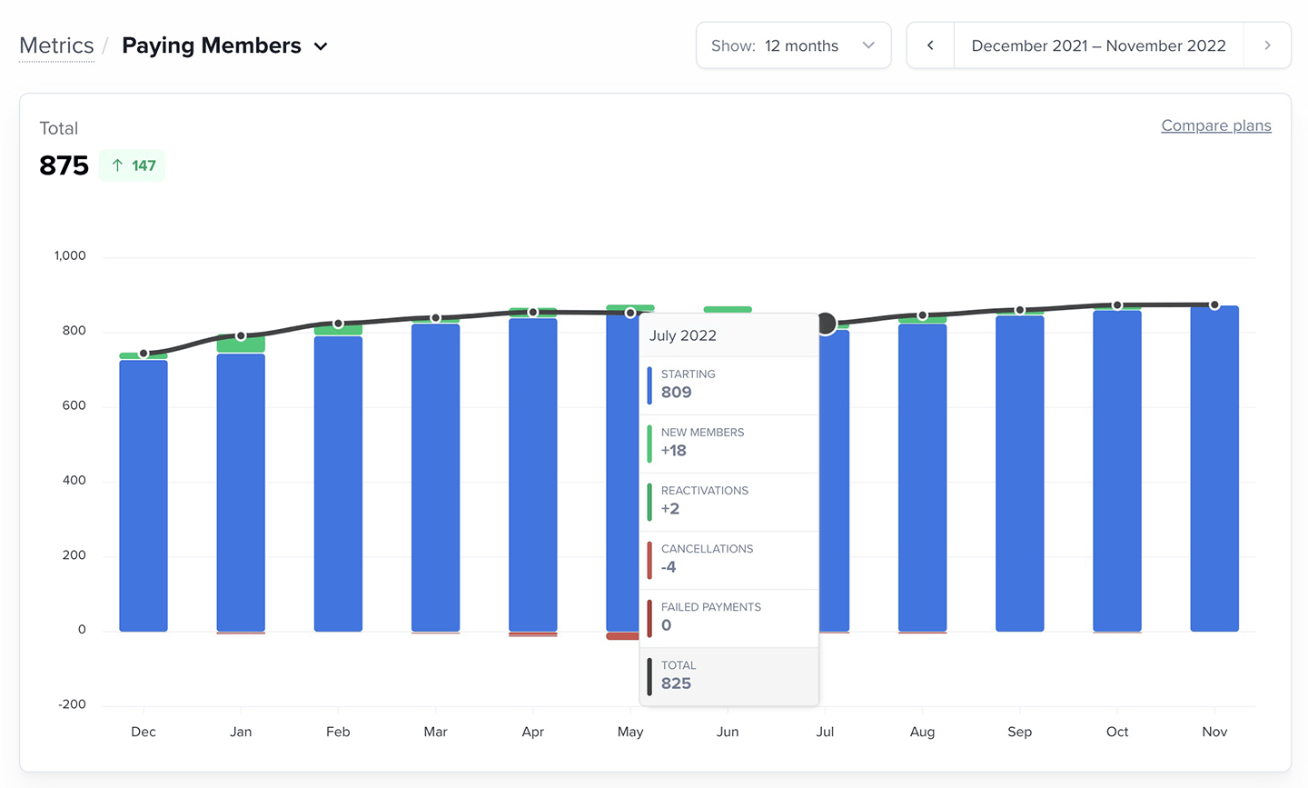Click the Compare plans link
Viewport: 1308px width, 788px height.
[x=1215, y=125]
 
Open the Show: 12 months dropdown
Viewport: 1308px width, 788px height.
[x=793, y=45]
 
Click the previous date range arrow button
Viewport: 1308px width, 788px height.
[x=930, y=45]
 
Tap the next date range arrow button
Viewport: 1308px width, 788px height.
[x=1267, y=45]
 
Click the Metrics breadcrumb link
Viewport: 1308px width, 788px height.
[x=56, y=45]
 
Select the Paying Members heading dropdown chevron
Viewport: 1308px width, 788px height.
[x=321, y=46]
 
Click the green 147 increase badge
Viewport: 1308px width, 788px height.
[x=133, y=165]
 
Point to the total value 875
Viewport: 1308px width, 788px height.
[x=64, y=165]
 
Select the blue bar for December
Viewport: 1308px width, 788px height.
[x=144, y=495]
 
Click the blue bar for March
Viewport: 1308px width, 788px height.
[x=435, y=477]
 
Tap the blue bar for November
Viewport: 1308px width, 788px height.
[x=1214, y=468]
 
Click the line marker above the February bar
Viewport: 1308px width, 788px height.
[x=338, y=324]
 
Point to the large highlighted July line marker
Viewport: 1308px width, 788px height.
[x=826, y=324]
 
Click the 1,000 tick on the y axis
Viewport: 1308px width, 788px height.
[x=70, y=255]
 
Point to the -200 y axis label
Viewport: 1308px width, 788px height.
[x=72, y=704]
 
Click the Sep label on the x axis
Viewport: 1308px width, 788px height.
[x=1019, y=732]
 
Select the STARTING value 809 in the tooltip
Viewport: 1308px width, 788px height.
[x=676, y=392]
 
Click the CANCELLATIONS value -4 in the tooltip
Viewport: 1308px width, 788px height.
[x=669, y=566]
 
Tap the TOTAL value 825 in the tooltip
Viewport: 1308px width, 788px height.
[x=676, y=683]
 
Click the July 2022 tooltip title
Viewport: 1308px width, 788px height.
[x=683, y=335]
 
